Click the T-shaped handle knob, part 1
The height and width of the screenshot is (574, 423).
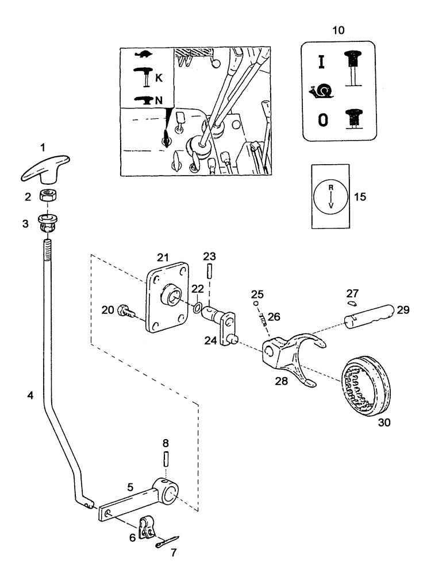point(45,167)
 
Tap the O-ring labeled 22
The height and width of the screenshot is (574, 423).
point(198,308)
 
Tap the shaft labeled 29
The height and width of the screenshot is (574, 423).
point(368,315)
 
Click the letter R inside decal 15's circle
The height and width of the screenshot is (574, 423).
point(330,187)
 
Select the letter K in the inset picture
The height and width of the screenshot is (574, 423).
point(159,75)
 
